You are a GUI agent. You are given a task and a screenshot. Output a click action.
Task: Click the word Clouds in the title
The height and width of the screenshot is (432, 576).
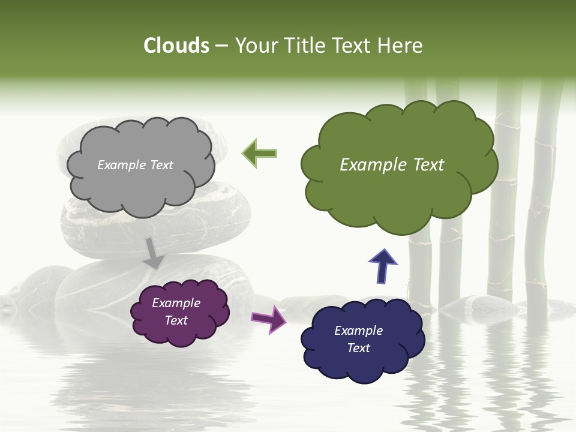pyautogui.click(x=176, y=46)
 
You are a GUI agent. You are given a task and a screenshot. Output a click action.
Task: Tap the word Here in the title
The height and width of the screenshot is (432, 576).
pyautogui.click(x=401, y=46)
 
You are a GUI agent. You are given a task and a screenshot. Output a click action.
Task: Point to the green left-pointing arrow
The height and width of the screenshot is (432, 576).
pyautogui.click(x=260, y=153)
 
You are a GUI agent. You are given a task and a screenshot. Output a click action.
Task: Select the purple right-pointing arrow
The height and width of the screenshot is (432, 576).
pyautogui.click(x=268, y=318)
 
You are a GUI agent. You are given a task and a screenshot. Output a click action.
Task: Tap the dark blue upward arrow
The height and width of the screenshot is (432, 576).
pyautogui.click(x=383, y=266)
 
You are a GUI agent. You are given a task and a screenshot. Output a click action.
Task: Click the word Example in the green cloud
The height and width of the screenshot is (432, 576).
pyautogui.click(x=370, y=165)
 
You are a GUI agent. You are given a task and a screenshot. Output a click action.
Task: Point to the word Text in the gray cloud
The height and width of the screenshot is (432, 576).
pyautogui.click(x=161, y=165)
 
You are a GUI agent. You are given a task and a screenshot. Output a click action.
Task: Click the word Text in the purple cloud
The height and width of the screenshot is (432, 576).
pyautogui.click(x=176, y=320)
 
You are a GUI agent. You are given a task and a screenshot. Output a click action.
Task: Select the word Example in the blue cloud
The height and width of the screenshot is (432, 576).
pyautogui.click(x=358, y=331)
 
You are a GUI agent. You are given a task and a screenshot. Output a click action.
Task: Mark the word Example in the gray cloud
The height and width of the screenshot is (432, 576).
pyautogui.click(x=121, y=165)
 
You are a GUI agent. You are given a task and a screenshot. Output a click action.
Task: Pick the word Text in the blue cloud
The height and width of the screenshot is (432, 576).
pyautogui.click(x=359, y=348)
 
